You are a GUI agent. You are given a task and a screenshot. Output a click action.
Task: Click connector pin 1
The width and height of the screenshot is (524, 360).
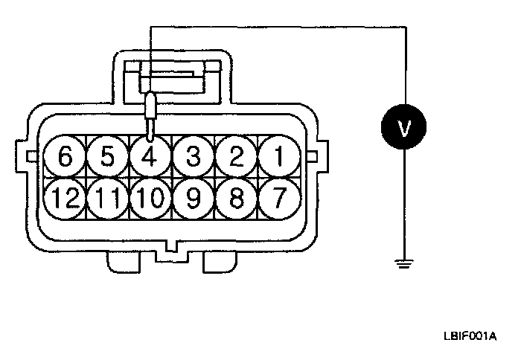point(280,157)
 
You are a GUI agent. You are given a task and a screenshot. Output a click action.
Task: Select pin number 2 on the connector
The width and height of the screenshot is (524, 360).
point(237,157)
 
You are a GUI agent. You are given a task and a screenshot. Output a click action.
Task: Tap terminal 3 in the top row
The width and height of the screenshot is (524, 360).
point(194,157)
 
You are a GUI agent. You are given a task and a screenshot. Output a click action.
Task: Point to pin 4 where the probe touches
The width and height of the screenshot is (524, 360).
point(150,157)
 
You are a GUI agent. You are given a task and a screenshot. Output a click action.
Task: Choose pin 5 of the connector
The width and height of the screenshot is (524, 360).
point(108,157)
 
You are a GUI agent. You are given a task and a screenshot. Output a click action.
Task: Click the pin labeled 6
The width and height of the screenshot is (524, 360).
point(65,157)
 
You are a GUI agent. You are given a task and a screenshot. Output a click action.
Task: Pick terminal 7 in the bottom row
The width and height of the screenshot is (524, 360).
point(280,199)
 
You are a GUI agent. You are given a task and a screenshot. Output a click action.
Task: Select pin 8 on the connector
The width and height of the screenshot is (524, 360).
point(237,199)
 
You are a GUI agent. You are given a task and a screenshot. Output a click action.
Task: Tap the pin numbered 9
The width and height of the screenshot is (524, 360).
point(194,199)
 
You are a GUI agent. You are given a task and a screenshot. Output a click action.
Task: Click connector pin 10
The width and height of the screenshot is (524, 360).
point(150,199)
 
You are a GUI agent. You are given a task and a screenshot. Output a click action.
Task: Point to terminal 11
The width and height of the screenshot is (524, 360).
point(108,199)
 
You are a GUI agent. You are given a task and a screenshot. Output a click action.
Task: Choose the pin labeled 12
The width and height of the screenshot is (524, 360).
point(65,199)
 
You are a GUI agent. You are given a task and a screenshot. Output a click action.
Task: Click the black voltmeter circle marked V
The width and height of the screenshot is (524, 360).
point(404,128)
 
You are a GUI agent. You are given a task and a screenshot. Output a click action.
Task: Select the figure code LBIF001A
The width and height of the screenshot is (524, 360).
point(471,336)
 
